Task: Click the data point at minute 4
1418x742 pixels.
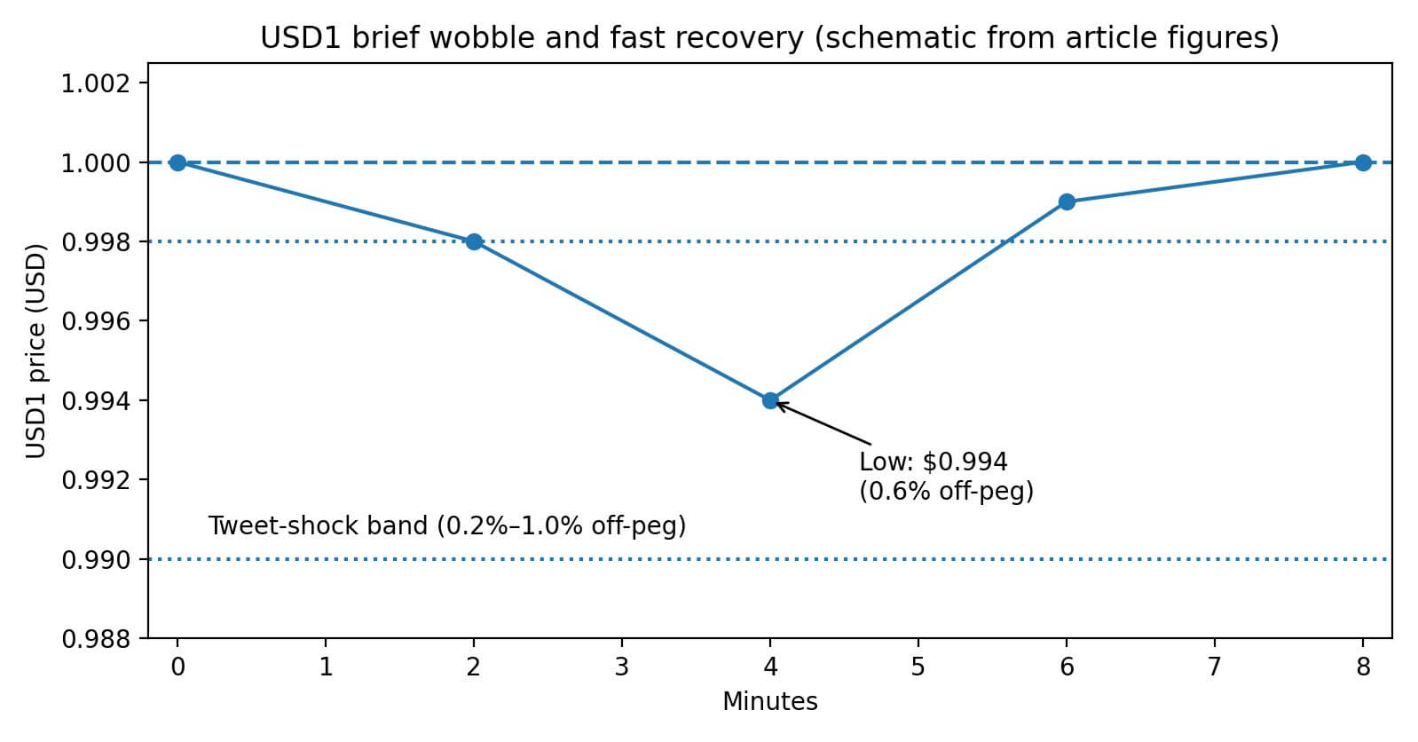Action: point(770,400)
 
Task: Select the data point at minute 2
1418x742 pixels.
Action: point(474,241)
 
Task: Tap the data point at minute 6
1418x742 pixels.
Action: point(1067,201)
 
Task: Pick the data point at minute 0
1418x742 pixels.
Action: point(177,162)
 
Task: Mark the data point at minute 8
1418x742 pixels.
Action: point(1363,162)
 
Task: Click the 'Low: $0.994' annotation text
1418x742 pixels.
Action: point(933,462)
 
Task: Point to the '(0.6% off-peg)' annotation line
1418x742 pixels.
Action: point(946,491)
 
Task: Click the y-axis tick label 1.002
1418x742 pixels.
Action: point(95,83)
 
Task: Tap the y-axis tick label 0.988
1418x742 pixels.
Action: point(95,638)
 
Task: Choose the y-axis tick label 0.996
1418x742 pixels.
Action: point(95,321)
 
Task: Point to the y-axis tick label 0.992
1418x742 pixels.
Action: point(95,480)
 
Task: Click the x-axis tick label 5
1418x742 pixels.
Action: point(918,667)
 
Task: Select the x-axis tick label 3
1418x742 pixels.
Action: point(622,667)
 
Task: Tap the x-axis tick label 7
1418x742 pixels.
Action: point(1215,667)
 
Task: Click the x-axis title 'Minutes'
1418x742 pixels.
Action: point(769,702)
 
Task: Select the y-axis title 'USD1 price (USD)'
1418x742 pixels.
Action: point(35,351)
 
